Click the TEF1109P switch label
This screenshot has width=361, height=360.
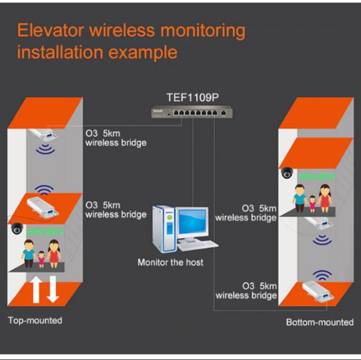192,97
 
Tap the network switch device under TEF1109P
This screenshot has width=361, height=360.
192,113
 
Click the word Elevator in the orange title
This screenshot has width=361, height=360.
50,30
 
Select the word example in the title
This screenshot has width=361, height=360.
143,52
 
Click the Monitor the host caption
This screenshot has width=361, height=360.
170,263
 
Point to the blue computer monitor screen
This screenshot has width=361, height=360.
192,221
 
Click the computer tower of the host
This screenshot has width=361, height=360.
164,229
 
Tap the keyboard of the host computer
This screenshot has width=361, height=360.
197,246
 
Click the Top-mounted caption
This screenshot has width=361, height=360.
35,321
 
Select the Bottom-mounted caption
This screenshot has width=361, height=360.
320,322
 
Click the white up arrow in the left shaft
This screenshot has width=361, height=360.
36,290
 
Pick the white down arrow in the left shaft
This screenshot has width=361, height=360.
53,289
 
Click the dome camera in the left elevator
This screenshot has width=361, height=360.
17,228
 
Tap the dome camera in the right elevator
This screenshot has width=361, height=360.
287,173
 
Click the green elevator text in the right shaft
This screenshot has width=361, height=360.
317,176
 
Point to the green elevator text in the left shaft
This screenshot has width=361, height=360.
45,232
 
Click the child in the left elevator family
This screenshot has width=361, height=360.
41,260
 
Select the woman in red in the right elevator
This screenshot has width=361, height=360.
325,198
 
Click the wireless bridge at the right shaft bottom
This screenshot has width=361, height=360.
318,291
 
